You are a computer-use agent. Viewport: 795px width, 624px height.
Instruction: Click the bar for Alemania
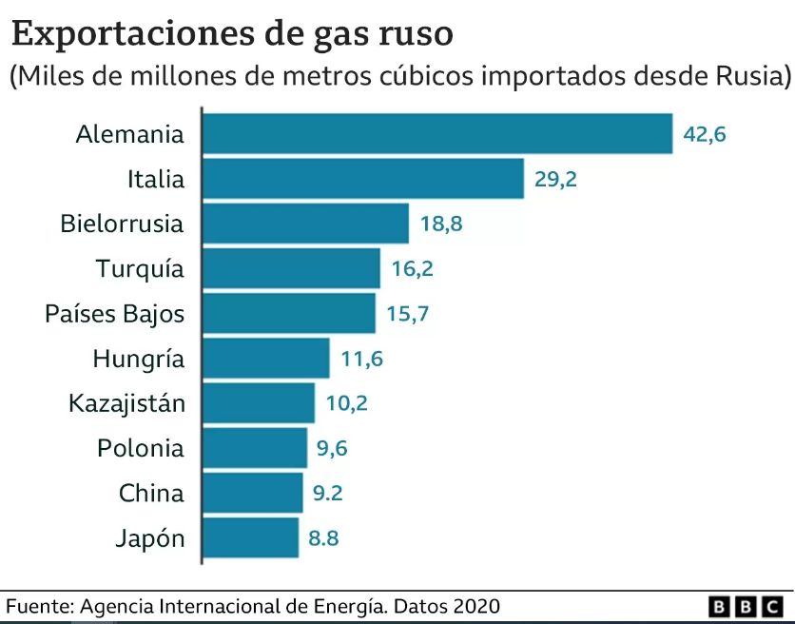437,133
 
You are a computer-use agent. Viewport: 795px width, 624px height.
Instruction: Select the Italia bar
363,179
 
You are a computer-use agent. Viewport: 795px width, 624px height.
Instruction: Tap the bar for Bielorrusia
305,224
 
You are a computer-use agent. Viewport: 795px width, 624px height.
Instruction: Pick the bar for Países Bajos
289,313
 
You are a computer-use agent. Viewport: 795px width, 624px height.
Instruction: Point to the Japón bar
251,537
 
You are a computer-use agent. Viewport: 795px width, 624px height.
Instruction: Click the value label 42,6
705,134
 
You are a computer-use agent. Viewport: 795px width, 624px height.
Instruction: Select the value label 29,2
555,179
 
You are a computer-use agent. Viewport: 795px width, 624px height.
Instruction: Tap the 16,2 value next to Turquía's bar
412,269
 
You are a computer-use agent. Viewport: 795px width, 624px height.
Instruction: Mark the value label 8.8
323,538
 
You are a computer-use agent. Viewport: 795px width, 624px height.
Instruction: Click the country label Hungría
139,360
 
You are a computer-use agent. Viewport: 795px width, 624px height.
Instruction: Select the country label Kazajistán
126,403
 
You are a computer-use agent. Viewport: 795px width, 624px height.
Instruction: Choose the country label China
151,494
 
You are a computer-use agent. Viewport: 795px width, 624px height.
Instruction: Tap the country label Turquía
140,269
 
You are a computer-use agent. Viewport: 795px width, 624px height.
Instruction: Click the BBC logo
747,606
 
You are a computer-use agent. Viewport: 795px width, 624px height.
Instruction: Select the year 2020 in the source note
474,606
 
